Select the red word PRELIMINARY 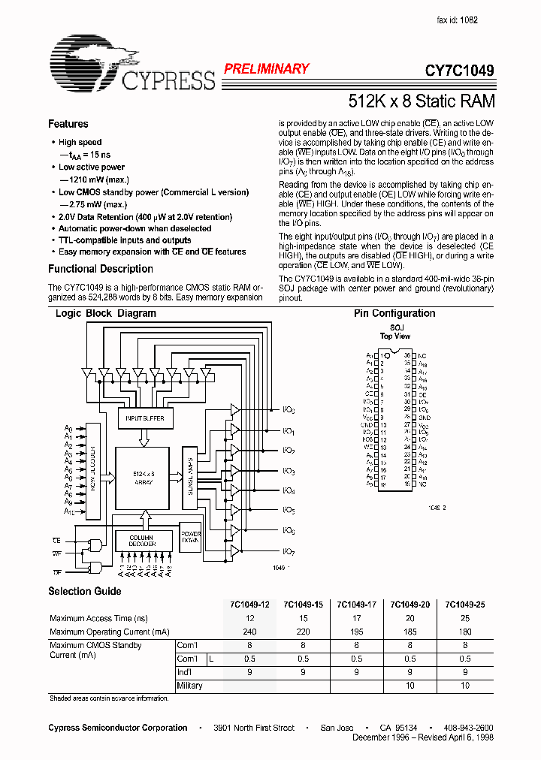tap(266, 68)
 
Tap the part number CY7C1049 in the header tap(459, 71)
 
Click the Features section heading tap(68, 124)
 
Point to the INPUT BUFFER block tap(145, 418)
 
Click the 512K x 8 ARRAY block tap(143, 478)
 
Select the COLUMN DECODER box tap(141, 540)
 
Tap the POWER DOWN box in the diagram tap(190, 538)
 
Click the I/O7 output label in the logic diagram tap(289, 550)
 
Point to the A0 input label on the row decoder tap(68, 428)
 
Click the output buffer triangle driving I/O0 tap(235, 411)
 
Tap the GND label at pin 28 tap(424, 417)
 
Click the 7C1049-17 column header tap(357, 605)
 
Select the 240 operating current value tap(249, 632)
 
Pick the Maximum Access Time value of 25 tap(466, 618)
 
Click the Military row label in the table tap(189, 686)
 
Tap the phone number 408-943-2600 tap(469, 728)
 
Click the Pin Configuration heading tap(394, 313)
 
